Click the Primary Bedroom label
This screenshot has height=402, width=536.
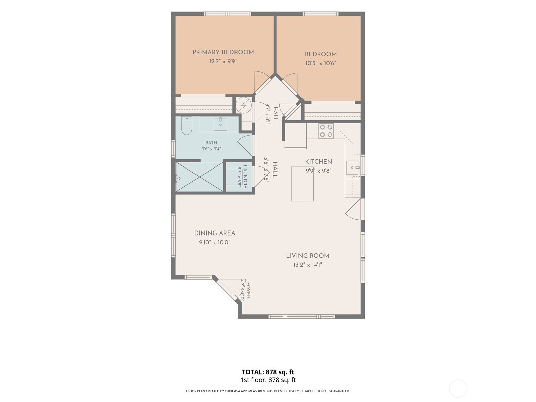click(x=223, y=52)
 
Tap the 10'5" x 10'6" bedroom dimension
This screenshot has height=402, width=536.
click(x=321, y=63)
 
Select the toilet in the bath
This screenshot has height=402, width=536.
click(x=187, y=126)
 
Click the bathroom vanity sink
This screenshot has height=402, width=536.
click(x=220, y=124)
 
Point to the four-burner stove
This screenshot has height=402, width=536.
click(x=326, y=131)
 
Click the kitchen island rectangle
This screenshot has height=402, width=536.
click(x=302, y=184)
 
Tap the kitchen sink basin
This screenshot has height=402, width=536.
click(x=352, y=168)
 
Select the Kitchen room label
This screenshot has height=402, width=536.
click(x=319, y=162)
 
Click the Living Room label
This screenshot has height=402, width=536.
click(x=308, y=256)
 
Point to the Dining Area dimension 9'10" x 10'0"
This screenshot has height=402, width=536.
click(x=215, y=242)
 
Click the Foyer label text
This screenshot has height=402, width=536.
click(x=248, y=290)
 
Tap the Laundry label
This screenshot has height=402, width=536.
click(x=245, y=177)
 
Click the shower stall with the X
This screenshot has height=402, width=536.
click(x=200, y=177)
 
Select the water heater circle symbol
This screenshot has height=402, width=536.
click(x=244, y=106)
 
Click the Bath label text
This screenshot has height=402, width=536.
click(x=211, y=143)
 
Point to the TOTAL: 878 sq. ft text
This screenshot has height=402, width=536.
click(x=268, y=372)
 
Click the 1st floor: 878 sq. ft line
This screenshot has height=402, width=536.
click(x=268, y=380)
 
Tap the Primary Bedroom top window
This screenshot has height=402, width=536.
click(x=227, y=14)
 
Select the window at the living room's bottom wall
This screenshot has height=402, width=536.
click(x=302, y=316)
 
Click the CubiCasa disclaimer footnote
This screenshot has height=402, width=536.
click(x=268, y=391)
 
